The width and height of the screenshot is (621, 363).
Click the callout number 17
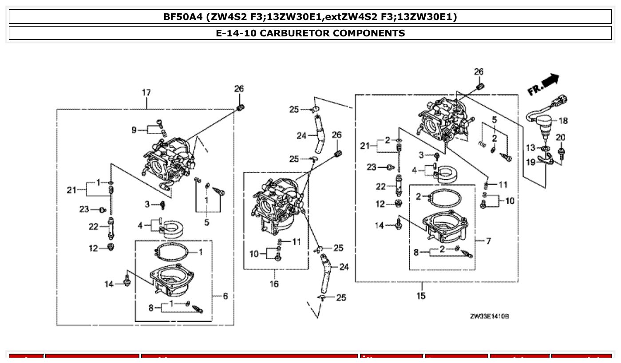[146, 93]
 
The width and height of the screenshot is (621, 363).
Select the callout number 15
[420, 296]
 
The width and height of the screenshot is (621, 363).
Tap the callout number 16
[274, 284]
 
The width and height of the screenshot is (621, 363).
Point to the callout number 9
[134, 130]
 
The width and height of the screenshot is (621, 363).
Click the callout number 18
[563, 121]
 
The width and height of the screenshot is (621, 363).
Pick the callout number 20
[561, 138]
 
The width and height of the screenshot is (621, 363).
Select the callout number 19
[530, 162]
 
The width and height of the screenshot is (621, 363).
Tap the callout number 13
[531, 148]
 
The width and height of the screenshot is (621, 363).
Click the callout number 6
[225, 296]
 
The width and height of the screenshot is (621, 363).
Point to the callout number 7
[488, 241]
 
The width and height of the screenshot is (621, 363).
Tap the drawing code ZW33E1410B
[489, 316]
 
